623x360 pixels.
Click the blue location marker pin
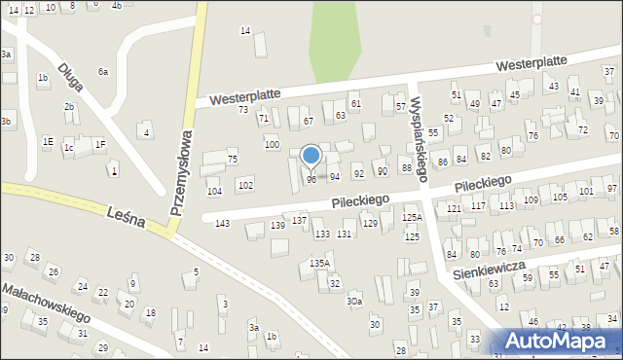[311, 157]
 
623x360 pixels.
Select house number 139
[278, 226]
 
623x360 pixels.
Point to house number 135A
[320, 264]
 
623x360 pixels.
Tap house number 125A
[413, 218]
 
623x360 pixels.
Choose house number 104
[214, 192]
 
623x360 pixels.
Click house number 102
[246, 185]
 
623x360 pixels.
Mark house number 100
[272, 145]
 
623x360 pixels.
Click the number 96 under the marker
[311, 179]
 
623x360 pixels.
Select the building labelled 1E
[48, 142]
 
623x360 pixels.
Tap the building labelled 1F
[99, 145]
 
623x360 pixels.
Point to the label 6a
[103, 72]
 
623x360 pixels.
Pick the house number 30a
[355, 303]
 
